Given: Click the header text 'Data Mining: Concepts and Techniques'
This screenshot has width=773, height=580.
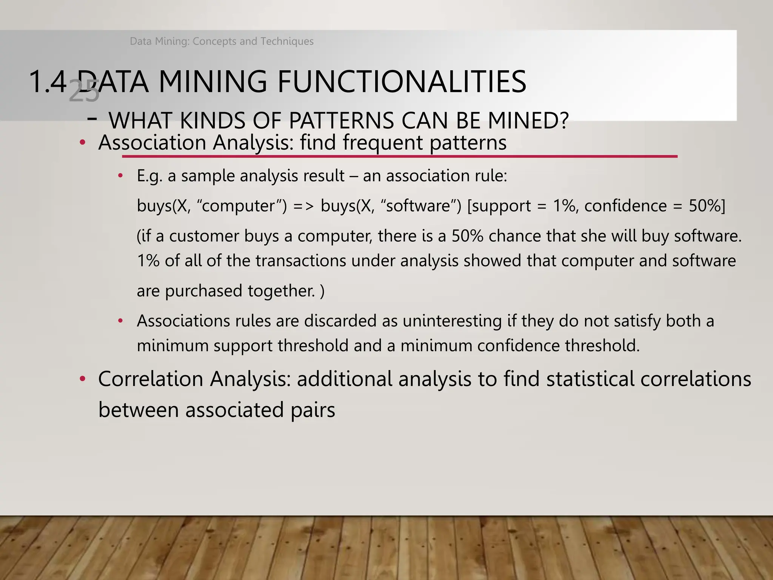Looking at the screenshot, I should [222, 41].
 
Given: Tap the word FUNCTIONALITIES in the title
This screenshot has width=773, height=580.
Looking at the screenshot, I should [402, 82].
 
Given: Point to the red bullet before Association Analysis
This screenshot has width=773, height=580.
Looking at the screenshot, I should [82, 143].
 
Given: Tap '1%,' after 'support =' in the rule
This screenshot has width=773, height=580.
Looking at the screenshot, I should [565, 206].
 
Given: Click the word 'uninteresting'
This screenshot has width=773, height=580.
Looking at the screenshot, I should [452, 321].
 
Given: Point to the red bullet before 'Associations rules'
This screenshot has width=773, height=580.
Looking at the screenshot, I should [120, 321].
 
